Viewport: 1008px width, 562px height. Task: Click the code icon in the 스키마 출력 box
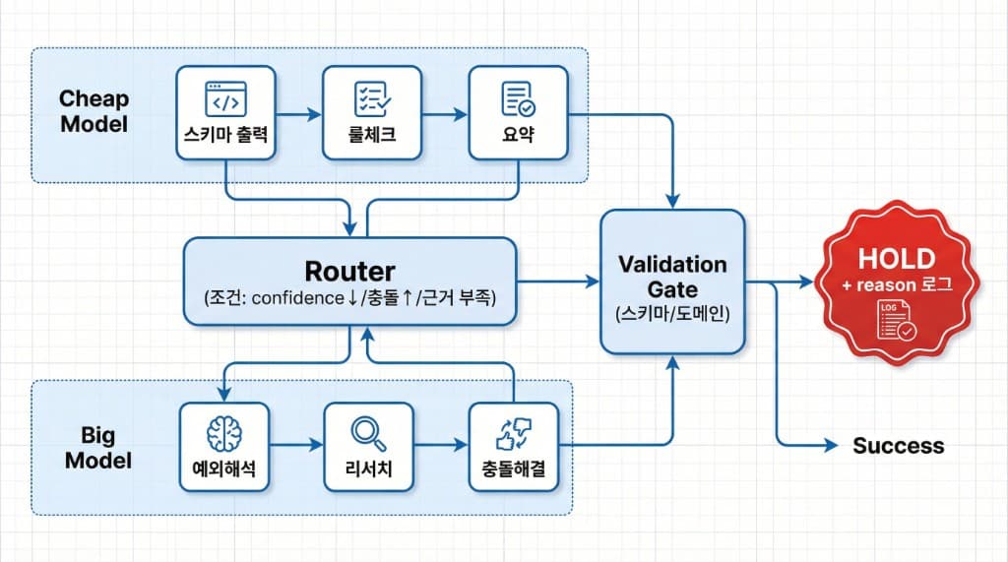[225, 99]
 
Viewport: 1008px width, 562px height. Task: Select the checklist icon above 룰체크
[372, 99]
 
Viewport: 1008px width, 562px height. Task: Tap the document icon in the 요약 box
[518, 99]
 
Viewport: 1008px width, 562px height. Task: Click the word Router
[349, 271]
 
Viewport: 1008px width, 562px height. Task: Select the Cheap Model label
[94, 111]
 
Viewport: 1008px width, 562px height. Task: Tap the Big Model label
[97, 447]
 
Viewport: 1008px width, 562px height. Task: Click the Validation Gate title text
[672, 276]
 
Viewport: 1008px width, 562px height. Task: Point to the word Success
[898, 446]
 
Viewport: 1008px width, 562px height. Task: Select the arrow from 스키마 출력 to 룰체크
[298, 114]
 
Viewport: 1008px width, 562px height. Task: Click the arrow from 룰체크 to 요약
[444, 114]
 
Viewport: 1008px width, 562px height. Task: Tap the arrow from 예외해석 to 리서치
[298, 446]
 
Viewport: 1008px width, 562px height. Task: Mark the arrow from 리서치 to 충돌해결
[444, 446]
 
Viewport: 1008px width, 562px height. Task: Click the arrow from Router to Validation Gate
[558, 281]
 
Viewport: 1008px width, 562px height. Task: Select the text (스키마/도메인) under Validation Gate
[672, 317]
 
